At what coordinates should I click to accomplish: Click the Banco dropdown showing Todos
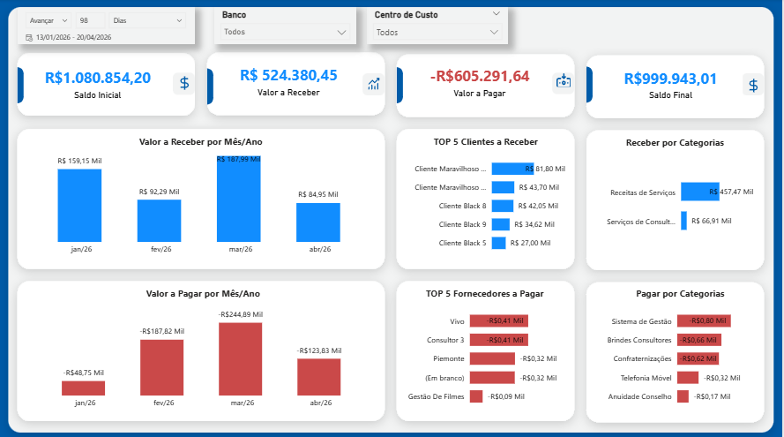point(285,32)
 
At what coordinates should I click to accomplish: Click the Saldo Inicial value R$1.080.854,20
point(98,78)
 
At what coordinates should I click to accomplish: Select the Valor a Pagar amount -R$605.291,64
point(479,76)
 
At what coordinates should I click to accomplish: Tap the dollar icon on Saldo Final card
point(751,85)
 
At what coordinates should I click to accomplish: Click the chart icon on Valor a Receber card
point(373,84)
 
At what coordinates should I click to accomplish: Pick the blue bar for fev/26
point(159,220)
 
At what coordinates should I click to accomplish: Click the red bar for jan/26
point(83,388)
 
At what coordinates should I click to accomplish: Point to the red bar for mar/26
point(240,358)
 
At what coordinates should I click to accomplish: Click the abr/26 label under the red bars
point(318,403)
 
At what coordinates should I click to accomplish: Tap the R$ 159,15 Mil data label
point(78,161)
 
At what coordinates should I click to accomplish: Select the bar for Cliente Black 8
point(502,206)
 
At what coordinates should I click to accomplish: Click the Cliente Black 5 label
point(462,243)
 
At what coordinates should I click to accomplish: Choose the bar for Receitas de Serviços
point(699,192)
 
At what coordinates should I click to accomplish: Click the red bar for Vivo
point(498,321)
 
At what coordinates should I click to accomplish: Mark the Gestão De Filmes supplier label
point(436,396)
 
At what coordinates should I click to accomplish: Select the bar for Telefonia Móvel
point(687,378)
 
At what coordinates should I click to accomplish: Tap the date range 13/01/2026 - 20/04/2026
point(74,38)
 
